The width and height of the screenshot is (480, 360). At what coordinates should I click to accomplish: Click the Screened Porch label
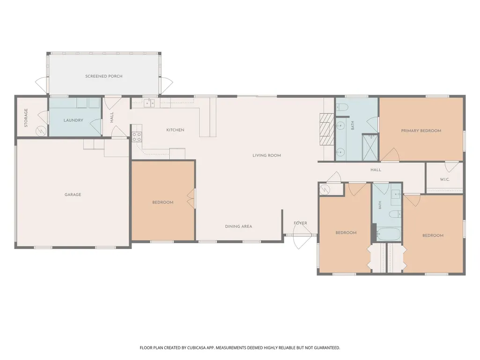[x=104, y=76]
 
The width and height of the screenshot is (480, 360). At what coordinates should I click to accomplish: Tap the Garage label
[x=73, y=194]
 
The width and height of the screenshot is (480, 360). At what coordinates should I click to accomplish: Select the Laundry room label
[x=74, y=120]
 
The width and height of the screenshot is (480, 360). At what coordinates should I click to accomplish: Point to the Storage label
[x=26, y=118]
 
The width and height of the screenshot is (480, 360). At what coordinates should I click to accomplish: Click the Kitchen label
[x=175, y=130]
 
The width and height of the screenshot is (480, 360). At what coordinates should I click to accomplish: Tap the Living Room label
[x=266, y=155]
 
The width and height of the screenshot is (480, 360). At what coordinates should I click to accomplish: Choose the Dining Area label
[x=238, y=227]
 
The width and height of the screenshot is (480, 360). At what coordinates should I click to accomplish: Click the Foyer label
[x=300, y=223]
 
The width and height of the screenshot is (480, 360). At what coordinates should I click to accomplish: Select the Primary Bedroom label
[x=421, y=131]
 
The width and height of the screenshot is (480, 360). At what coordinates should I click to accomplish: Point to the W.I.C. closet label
[x=445, y=179]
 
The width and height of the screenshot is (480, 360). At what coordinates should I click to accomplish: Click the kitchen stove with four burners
[x=137, y=137]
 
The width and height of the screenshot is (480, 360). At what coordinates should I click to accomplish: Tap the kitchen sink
[x=149, y=103]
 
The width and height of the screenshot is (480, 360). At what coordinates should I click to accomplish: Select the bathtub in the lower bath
[x=389, y=234]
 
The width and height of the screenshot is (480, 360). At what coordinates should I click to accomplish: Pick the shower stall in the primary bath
[x=370, y=147]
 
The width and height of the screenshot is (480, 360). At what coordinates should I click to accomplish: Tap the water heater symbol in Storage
[x=41, y=132]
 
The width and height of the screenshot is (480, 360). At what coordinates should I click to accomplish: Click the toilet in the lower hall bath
[x=395, y=214]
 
